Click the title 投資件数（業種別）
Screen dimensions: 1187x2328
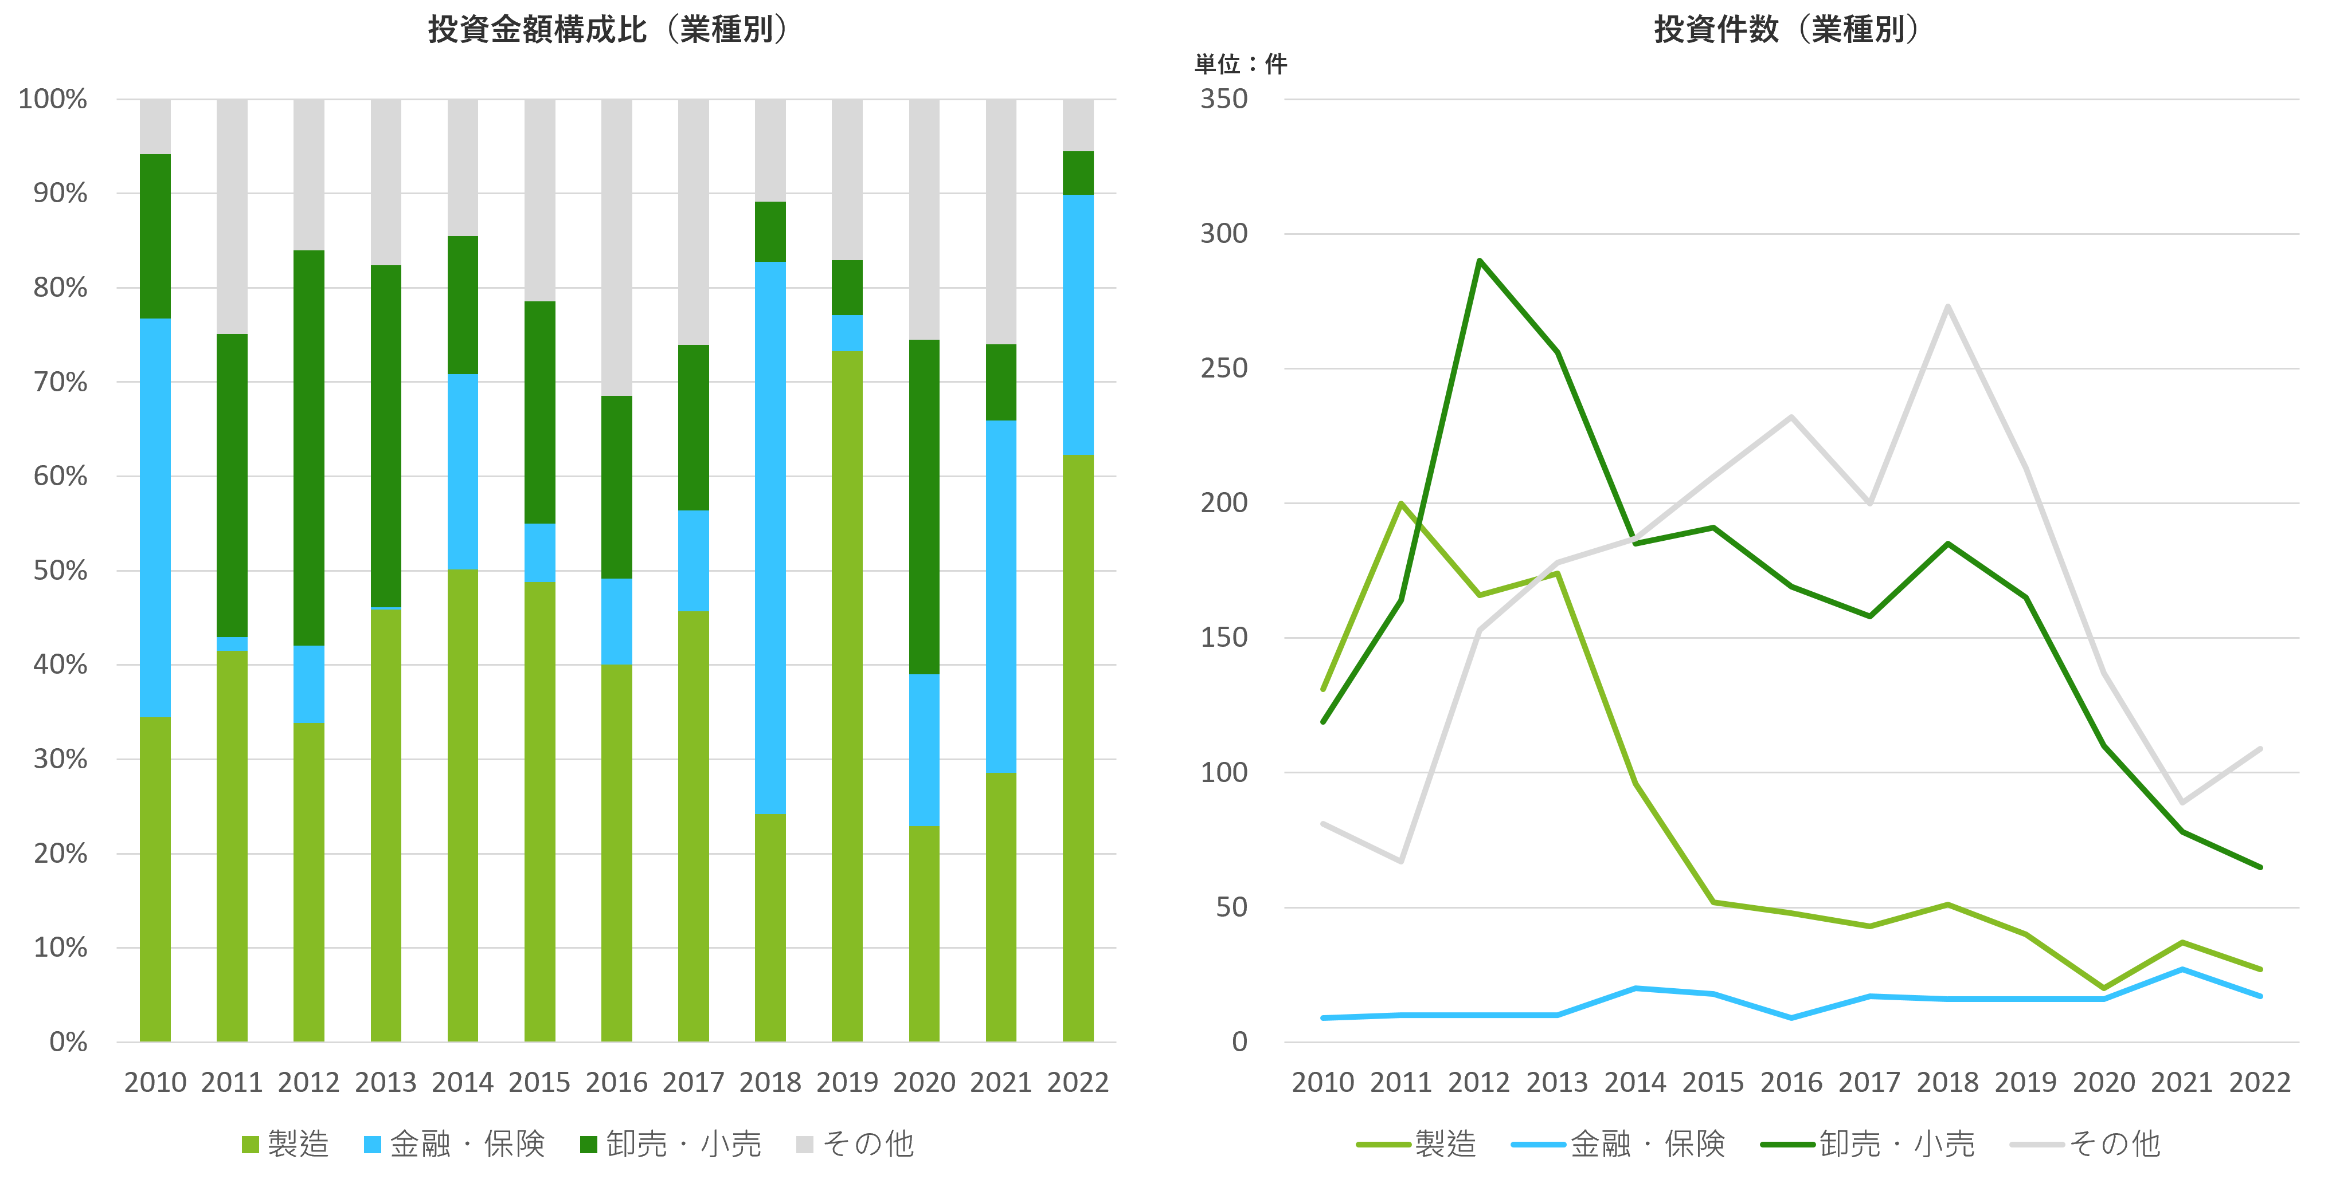pos(1785,30)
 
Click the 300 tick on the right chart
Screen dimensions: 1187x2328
pos(1224,234)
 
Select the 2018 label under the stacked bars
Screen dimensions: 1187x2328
pos(770,1082)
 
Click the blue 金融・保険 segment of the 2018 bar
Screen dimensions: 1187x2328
pos(770,537)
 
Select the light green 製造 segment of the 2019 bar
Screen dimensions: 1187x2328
pos(847,695)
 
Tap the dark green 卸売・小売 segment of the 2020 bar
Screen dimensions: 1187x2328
pos(924,506)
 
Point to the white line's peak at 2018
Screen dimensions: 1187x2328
pos(1947,307)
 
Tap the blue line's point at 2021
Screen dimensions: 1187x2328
pos(2182,969)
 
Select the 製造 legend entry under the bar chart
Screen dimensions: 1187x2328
pos(285,1145)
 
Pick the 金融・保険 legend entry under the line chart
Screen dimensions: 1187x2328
pos(1618,1145)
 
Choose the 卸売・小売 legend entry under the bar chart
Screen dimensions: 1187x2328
pos(671,1145)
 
